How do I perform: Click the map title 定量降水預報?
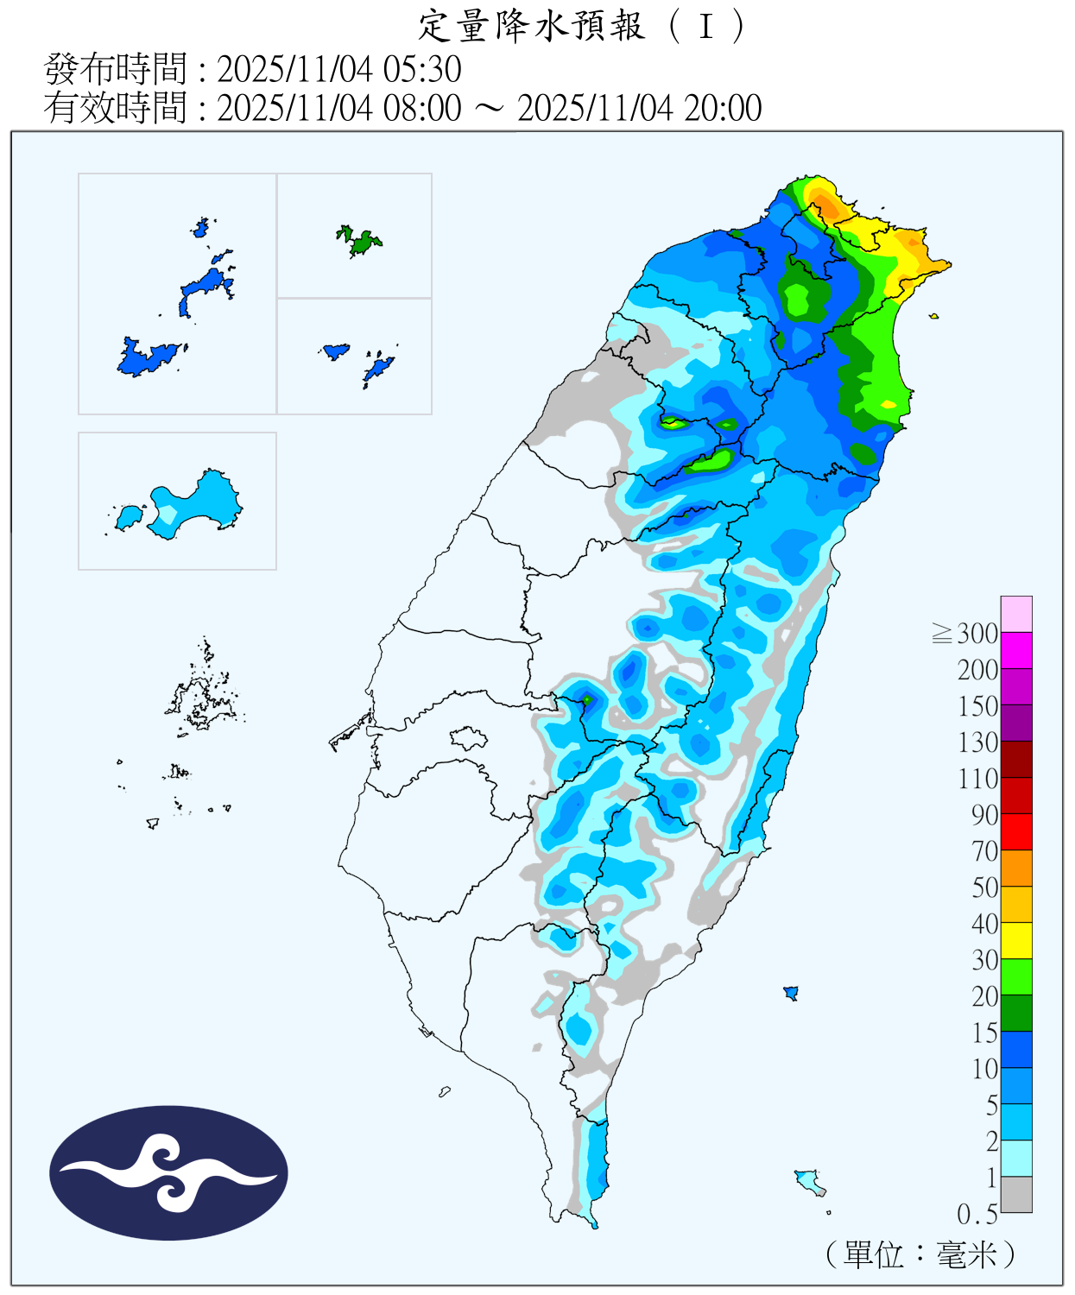[531, 26]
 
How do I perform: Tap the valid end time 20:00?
[723, 108]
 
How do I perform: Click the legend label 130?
[977, 742]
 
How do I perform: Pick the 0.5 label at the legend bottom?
[977, 1215]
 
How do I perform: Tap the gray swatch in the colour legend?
[1016, 1195]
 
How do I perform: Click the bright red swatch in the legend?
[1016, 831]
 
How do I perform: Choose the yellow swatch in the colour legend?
[1016, 940]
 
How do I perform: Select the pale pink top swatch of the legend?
[1016, 614]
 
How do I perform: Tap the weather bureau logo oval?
[168, 1172]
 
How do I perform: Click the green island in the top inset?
[361, 241]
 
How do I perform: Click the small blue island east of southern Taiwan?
[790, 993]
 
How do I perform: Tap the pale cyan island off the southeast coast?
[809, 1180]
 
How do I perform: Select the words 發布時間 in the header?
[115, 69]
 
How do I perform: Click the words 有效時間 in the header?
[115, 108]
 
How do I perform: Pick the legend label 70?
[984, 851]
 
